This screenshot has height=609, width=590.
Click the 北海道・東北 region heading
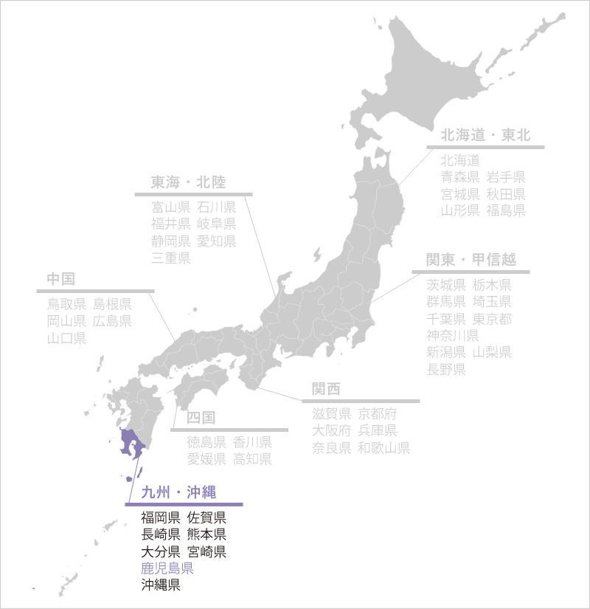(485, 136)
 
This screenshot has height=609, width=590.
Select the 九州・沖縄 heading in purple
(178, 492)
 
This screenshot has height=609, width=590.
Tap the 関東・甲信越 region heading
(471, 260)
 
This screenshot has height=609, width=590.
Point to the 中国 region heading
(60, 279)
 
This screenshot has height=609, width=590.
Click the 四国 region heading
(201, 418)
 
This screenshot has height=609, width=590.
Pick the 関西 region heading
(326, 389)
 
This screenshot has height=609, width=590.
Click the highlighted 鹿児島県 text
(167, 568)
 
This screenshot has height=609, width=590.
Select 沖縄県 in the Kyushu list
(161, 586)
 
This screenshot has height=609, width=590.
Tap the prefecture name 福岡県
(161, 517)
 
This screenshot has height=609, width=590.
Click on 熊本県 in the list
(206, 534)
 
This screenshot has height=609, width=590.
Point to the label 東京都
(492, 319)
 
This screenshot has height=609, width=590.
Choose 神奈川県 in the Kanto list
(453, 336)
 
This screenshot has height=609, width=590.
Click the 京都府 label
(377, 413)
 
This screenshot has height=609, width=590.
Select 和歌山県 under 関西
(383, 448)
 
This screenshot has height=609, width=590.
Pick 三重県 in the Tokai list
(171, 258)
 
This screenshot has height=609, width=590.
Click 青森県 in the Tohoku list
(461, 176)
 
